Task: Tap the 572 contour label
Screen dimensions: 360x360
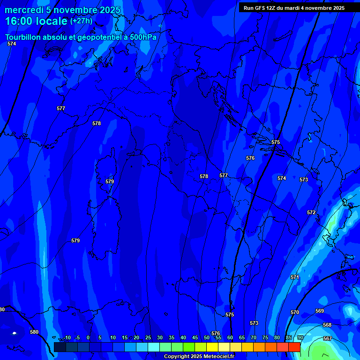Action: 311,212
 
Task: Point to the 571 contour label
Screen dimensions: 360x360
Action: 294,277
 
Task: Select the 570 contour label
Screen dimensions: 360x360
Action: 294,312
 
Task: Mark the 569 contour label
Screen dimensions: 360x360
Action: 320,311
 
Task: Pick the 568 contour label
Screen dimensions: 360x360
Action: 327,325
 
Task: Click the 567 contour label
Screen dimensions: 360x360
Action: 328,338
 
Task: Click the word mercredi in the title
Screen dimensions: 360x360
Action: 22,10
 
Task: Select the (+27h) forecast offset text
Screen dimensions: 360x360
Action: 81,21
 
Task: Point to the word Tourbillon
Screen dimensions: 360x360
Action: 23,37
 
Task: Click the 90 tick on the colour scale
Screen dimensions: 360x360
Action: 300,337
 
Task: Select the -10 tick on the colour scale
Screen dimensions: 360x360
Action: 67,337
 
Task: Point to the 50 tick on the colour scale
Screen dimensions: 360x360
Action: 207,337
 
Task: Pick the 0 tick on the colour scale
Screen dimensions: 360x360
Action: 88,337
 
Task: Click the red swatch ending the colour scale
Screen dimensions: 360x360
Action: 294,347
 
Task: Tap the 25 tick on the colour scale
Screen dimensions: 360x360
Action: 148,337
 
